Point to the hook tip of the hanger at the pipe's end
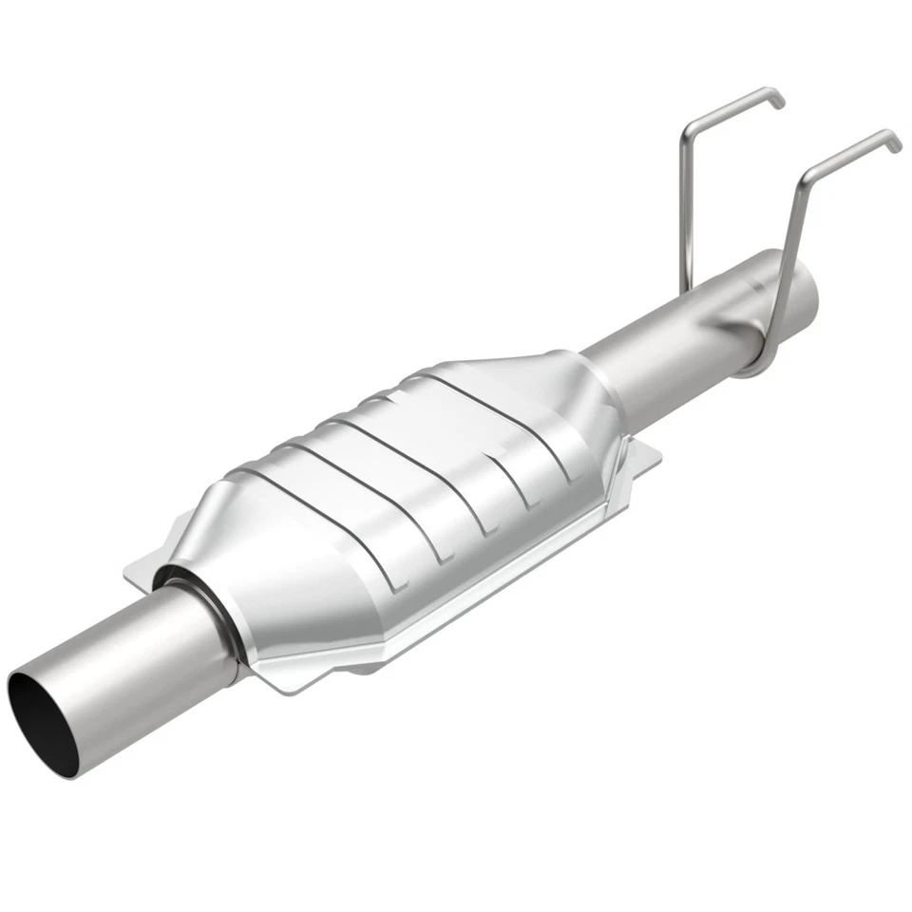coord(895,142)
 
